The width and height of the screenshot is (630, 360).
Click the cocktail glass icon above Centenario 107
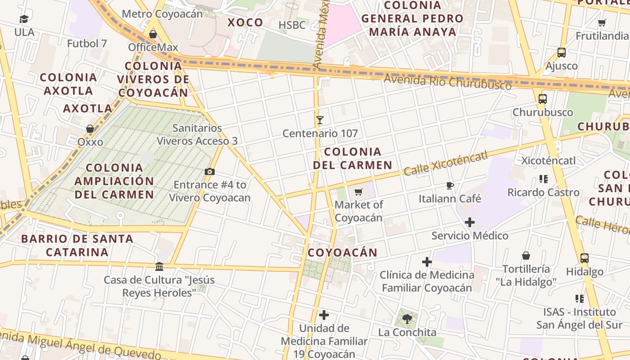point(319,120)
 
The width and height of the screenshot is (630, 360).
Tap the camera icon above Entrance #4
point(209,171)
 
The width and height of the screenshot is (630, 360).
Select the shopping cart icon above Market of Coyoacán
point(359,192)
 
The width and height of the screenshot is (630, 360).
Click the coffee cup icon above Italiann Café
point(450,185)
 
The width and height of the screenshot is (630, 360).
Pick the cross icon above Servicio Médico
point(470,222)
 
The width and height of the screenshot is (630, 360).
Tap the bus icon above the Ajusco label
point(562,53)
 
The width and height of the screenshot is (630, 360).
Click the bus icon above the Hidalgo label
point(584,258)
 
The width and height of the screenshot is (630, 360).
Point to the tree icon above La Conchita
point(407,319)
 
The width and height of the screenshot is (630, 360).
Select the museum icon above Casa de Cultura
point(159,267)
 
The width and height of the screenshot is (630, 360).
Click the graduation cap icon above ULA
point(24,19)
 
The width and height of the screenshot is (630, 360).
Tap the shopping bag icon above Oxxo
point(90,129)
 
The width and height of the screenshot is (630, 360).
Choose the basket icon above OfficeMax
point(153,34)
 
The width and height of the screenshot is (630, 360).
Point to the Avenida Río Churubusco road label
point(447,82)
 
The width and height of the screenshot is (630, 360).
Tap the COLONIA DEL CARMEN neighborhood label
point(353,158)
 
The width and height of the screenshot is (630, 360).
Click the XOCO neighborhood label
point(245,22)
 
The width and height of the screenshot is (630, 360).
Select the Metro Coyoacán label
point(162,14)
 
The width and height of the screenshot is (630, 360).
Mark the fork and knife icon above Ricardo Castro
point(543,179)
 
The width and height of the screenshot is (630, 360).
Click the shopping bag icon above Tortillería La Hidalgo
point(526,256)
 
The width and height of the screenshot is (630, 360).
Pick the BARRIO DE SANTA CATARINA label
point(77,245)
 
